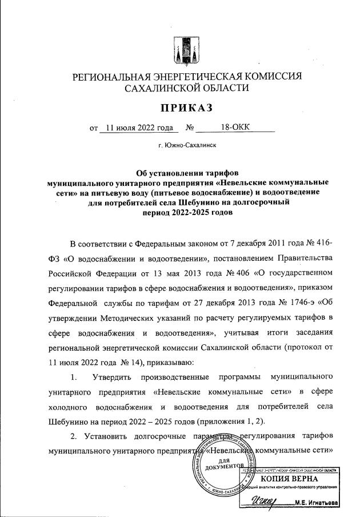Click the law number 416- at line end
click(322, 244)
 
